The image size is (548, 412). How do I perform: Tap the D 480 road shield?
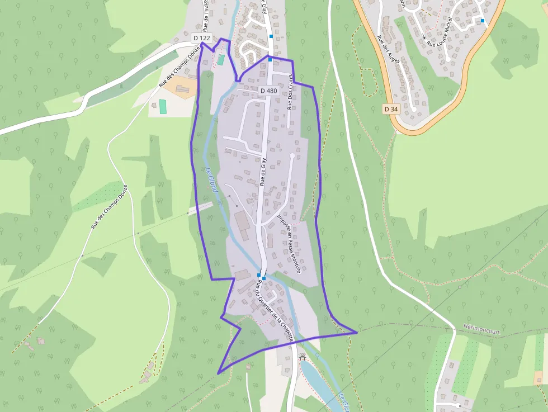[269, 90]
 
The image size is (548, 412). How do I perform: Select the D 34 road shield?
[391, 109]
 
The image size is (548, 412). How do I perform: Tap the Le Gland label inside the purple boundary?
[211, 181]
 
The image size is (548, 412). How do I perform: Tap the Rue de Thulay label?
[206, 17]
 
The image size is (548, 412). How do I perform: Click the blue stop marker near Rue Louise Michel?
[482, 21]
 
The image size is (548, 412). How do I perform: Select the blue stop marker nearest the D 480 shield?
[270, 59]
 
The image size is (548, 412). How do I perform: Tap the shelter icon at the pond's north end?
[303, 356]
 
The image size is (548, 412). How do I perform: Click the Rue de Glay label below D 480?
[262, 171]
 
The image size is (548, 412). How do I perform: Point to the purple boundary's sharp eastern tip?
[357, 333]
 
